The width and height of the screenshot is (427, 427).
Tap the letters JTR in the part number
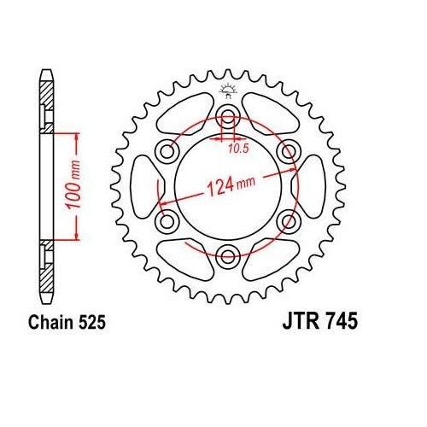click(299, 325)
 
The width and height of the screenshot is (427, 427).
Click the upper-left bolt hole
click(168, 150)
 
